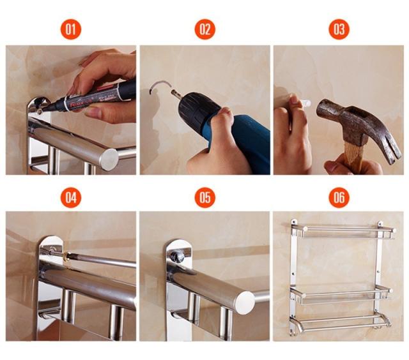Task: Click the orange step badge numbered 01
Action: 71,29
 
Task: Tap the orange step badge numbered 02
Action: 205,29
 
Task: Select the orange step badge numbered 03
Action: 339,29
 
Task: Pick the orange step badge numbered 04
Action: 71,197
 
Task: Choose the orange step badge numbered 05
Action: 205,197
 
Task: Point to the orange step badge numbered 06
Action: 339,197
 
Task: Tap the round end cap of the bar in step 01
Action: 109,160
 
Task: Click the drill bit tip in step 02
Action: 174,93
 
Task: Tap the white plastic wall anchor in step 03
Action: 305,102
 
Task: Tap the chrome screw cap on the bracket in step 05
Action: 178,257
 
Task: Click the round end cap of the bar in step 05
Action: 245,303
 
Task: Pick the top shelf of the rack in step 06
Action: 342,231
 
